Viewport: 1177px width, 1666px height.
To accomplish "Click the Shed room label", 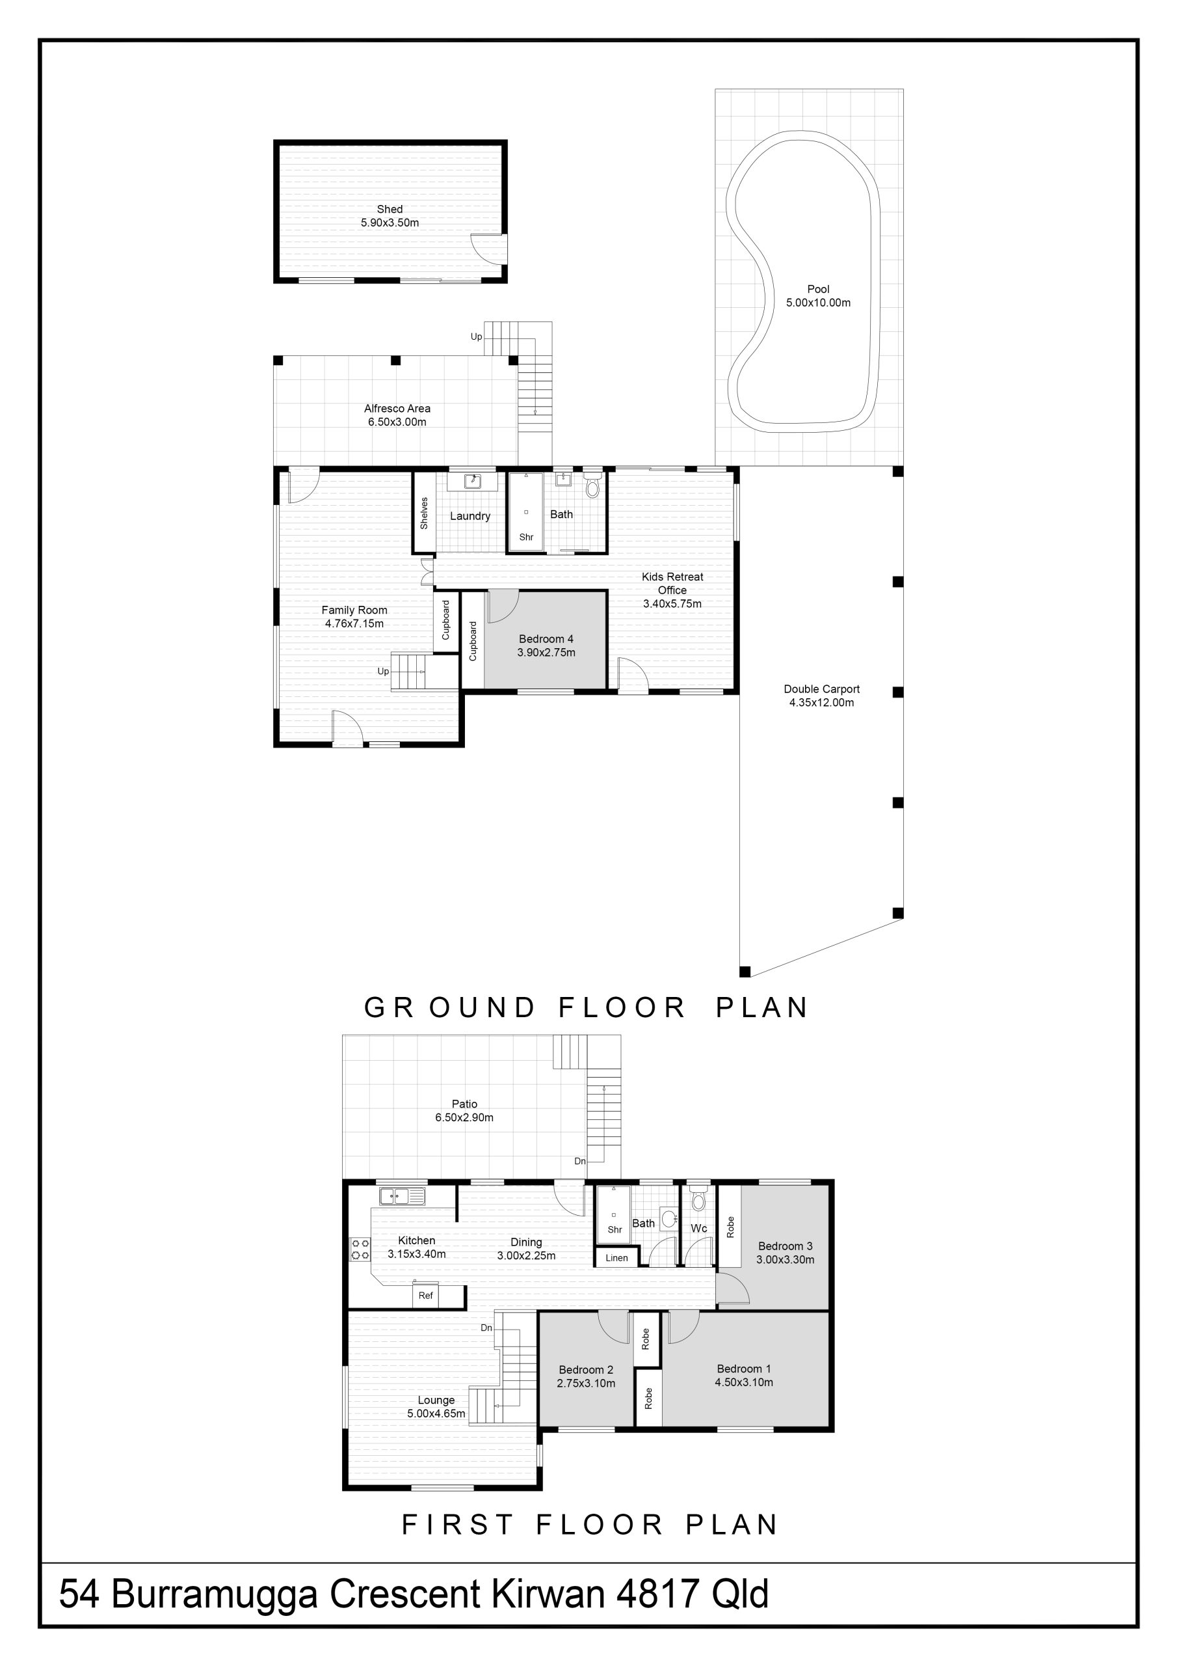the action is pyautogui.click(x=390, y=209).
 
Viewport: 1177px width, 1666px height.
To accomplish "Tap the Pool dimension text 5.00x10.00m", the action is pyautogui.click(x=818, y=303).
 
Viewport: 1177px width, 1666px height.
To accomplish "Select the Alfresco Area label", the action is pyautogui.click(x=397, y=409).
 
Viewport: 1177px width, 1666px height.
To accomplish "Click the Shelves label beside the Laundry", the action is pyautogui.click(x=424, y=512).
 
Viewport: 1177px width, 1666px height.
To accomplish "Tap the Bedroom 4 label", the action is pyautogui.click(x=546, y=639).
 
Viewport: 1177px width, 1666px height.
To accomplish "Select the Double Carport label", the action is pyautogui.click(x=822, y=689).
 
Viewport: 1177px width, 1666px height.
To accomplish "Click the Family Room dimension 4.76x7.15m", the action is pyautogui.click(x=354, y=623).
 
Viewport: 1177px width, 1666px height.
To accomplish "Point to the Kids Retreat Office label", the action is pyautogui.click(x=672, y=583).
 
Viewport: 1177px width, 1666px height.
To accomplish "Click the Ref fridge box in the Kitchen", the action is pyautogui.click(x=426, y=1295).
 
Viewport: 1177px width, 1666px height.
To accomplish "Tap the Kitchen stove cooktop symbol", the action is pyautogui.click(x=360, y=1249).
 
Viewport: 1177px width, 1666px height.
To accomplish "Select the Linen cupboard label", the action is pyautogui.click(x=616, y=1258).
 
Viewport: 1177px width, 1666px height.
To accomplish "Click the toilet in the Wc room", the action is pyautogui.click(x=698, y=1200).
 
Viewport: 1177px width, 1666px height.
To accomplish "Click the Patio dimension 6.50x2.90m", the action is pyautogui.click(x=464, y=1117).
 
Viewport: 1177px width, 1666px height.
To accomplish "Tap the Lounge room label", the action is pyautogui.click(x=436, y=1400).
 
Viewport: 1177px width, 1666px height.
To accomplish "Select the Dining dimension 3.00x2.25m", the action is pyautogui.click(x=526, y=1255).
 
